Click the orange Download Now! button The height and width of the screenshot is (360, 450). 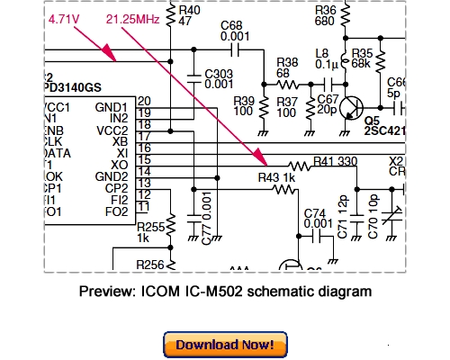(225, 345)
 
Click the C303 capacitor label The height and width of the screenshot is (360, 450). (220, 72)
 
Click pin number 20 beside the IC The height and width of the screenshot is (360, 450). (144, 100)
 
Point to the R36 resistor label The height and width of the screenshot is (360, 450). (325, 10)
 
